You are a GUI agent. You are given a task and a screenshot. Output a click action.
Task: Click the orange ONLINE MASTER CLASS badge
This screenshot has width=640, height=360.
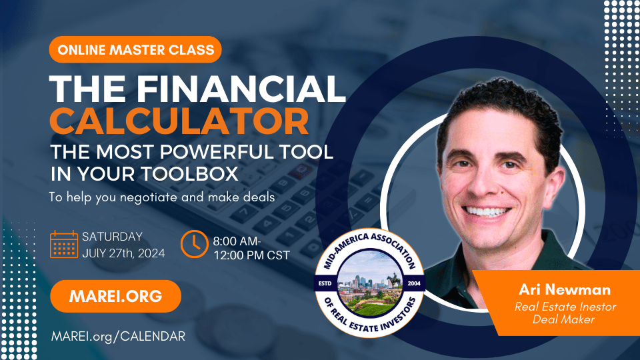click(x=135, y=49)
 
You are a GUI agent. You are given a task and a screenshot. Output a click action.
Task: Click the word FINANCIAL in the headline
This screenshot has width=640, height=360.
click(x=241, y=89)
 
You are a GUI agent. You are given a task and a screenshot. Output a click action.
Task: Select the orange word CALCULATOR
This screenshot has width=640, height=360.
click(x=179, y=121)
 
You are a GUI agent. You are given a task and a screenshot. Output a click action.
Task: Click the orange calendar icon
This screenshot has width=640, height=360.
click(x=64, y=244)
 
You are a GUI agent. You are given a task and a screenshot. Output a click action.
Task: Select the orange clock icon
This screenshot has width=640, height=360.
click(x=194, y=244)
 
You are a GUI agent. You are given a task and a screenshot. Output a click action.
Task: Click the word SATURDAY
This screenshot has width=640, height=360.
click(x=112, y=236)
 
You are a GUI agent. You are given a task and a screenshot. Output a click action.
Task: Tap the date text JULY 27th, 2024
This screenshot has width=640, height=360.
click(x=124, y=253)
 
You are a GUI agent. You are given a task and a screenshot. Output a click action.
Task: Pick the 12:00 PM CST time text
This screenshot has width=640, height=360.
click(x=252, y=255)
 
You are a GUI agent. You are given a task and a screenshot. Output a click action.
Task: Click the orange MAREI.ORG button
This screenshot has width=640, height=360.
click(x=115, y=296)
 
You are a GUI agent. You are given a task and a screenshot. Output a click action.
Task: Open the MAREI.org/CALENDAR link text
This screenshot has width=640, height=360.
click(x=119, y=336)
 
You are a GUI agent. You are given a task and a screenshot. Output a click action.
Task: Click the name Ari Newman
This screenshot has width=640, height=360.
click(x=565, y=289)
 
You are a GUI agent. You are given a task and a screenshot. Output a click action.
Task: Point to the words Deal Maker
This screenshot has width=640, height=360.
click(x=564, y=319)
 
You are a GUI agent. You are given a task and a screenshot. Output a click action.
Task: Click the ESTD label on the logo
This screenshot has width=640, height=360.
click(x=325, y=283)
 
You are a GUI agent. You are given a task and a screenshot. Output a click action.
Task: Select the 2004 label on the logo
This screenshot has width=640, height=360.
click(x=414, y=283)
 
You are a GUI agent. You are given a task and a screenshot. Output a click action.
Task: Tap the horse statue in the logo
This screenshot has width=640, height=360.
click(x=393, y=281)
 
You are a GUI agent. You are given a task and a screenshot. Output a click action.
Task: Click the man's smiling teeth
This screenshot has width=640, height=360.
click(x=487, y=211)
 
